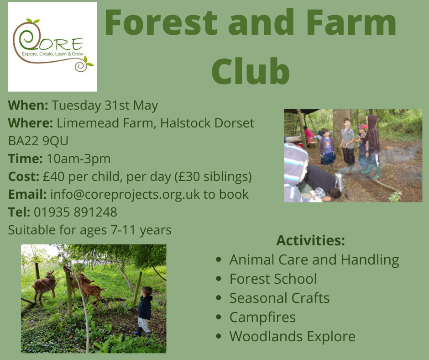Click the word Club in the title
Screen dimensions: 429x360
[251, 71]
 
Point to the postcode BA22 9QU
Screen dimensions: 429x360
[38, 141]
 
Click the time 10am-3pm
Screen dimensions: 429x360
[78, 159]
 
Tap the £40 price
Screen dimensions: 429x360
[54, 176]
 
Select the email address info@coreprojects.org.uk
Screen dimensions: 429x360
[125, 195]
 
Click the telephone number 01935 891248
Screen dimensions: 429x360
[75, 212]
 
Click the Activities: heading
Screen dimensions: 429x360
[310, 240]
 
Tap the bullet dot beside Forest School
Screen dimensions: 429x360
[218, 279]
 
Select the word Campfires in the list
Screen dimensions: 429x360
[263, 317]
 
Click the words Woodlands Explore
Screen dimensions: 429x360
[292, 336]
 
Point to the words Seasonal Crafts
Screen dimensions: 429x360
[279, 298]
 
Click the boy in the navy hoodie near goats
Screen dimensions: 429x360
[144, 311]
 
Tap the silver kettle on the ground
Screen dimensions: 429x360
[340, 182]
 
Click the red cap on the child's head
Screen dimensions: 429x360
[362, 127]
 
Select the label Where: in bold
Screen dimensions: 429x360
[31, 123]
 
